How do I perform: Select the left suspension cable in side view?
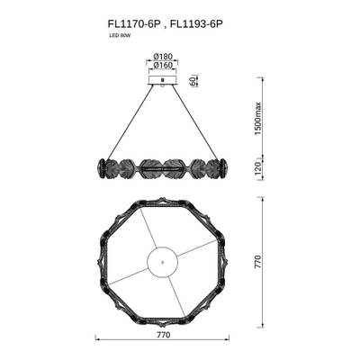(x=126, y=121)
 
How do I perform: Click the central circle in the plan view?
(x=162, y=264)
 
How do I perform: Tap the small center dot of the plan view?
(x=162, y=264)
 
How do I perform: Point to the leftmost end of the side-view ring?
(x=97, y=168)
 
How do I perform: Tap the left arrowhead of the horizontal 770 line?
(x=98, y=340)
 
